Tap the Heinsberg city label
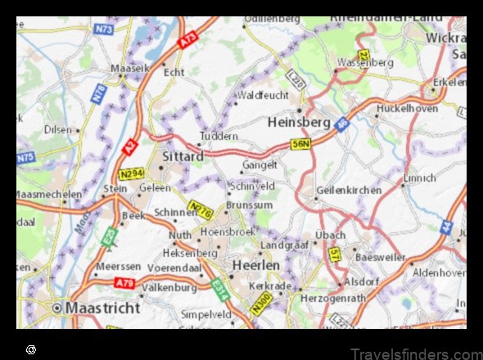[x=299, y=122]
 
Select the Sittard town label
[x=183, y=155]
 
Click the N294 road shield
[x=131, y=173]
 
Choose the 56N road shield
[x=301, y=144]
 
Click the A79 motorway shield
[x=124, y=283]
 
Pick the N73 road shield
[x=103, y=29]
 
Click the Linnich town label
[x=420, y=178]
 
